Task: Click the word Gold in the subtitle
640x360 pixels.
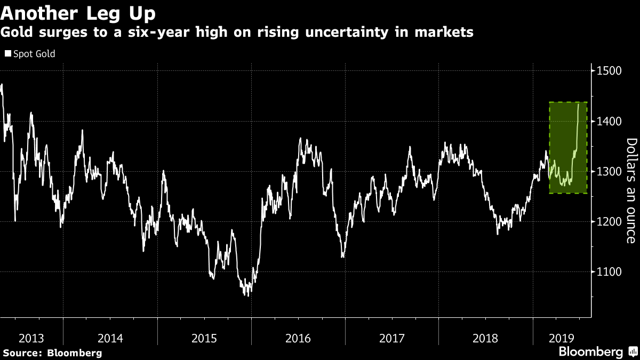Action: click(x=17, y=33)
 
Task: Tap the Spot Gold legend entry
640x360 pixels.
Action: click(x=30, y=54)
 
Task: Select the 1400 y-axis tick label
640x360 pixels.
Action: click(x=609, y=122)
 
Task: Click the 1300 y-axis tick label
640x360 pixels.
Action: click(x=609, y=172)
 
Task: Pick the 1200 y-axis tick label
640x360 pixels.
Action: click(x=609, y=222)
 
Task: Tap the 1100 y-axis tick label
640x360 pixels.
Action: click(x=609, y=272)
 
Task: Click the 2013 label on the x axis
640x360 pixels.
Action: click(x=31, y=338)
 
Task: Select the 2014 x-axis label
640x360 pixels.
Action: click(x=110, y=338)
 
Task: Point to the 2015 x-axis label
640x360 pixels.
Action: click(x=204, y=338)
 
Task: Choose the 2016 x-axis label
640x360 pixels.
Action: click(x=298, y=338)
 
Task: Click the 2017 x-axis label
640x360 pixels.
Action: click(x=392, y=338)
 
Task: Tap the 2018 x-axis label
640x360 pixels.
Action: click(x=486, y=338)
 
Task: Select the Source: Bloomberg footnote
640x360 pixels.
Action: click(x=52, y=353)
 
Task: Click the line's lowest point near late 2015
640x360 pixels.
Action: click(x=248, y=295)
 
